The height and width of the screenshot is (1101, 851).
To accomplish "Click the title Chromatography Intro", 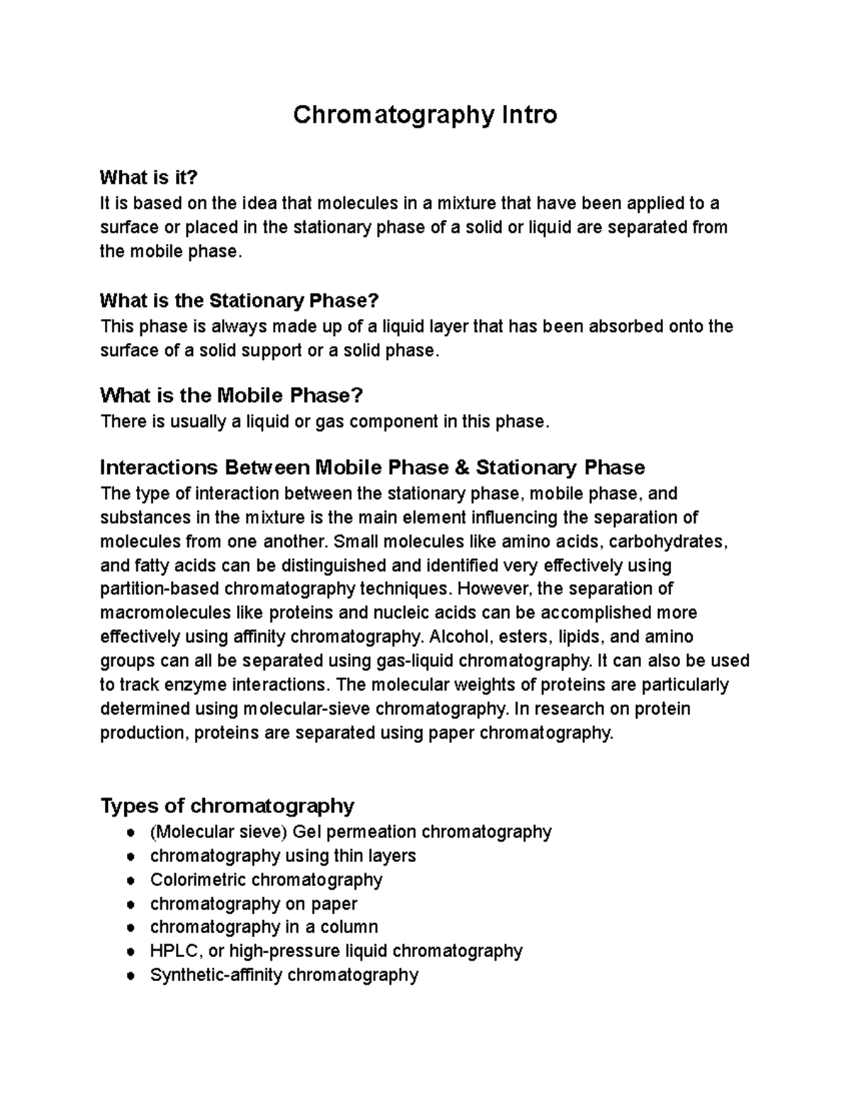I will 425,114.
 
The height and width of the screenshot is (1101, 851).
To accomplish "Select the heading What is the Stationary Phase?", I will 240,301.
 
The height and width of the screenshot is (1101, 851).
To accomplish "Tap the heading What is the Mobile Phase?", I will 231,395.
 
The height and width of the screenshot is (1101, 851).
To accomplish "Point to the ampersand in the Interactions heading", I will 461,468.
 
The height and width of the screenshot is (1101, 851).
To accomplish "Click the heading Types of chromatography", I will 227,806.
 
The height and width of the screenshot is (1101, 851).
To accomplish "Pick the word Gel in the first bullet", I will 304,832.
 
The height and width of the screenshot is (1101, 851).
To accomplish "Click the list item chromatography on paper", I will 253,904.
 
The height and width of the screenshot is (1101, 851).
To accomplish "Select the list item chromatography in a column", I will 264,927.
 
